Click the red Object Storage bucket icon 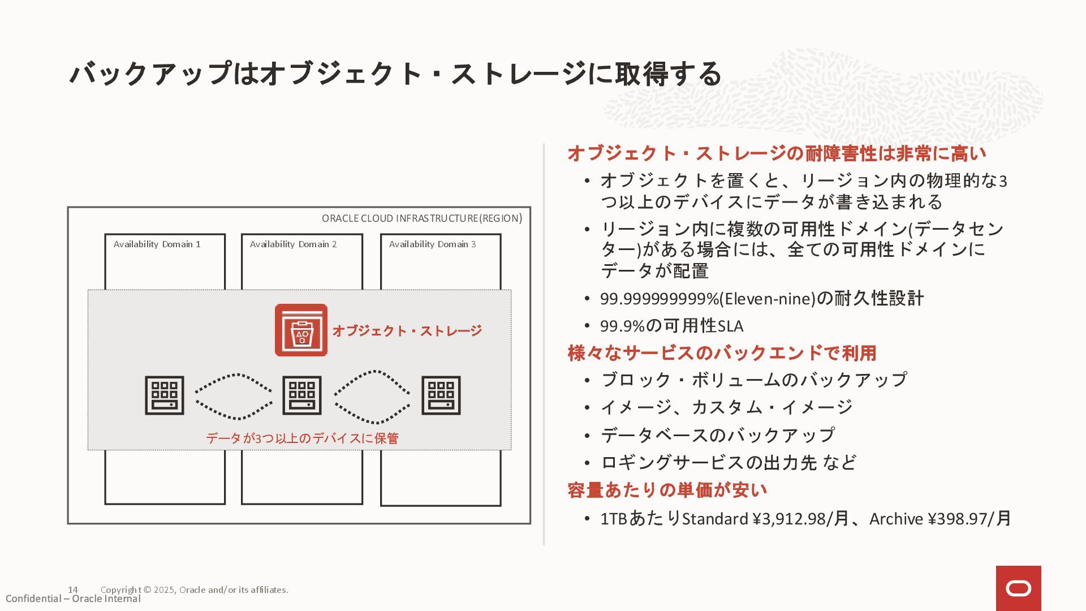click(301, 330)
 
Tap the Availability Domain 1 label click(157, 244)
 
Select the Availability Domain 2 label click(293, 244)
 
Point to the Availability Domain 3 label click(432, 244)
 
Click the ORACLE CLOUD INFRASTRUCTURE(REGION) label click(422, 218)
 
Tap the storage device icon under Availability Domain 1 click(165, 395)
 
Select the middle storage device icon click(302, 395)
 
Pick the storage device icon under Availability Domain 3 click(441, 395)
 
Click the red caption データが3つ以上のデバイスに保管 click(302, 438)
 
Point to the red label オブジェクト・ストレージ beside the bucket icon click(407, 330)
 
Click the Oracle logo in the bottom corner click(1019, 588)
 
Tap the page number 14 click(72, 590)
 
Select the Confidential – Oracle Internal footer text click(73, 599)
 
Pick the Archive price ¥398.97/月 click(940, 518)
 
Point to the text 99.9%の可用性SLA click(671, 326)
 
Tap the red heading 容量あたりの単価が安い click(667, 490)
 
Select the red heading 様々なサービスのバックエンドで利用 click(722, 353)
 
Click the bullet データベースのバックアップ click(717, 435)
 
